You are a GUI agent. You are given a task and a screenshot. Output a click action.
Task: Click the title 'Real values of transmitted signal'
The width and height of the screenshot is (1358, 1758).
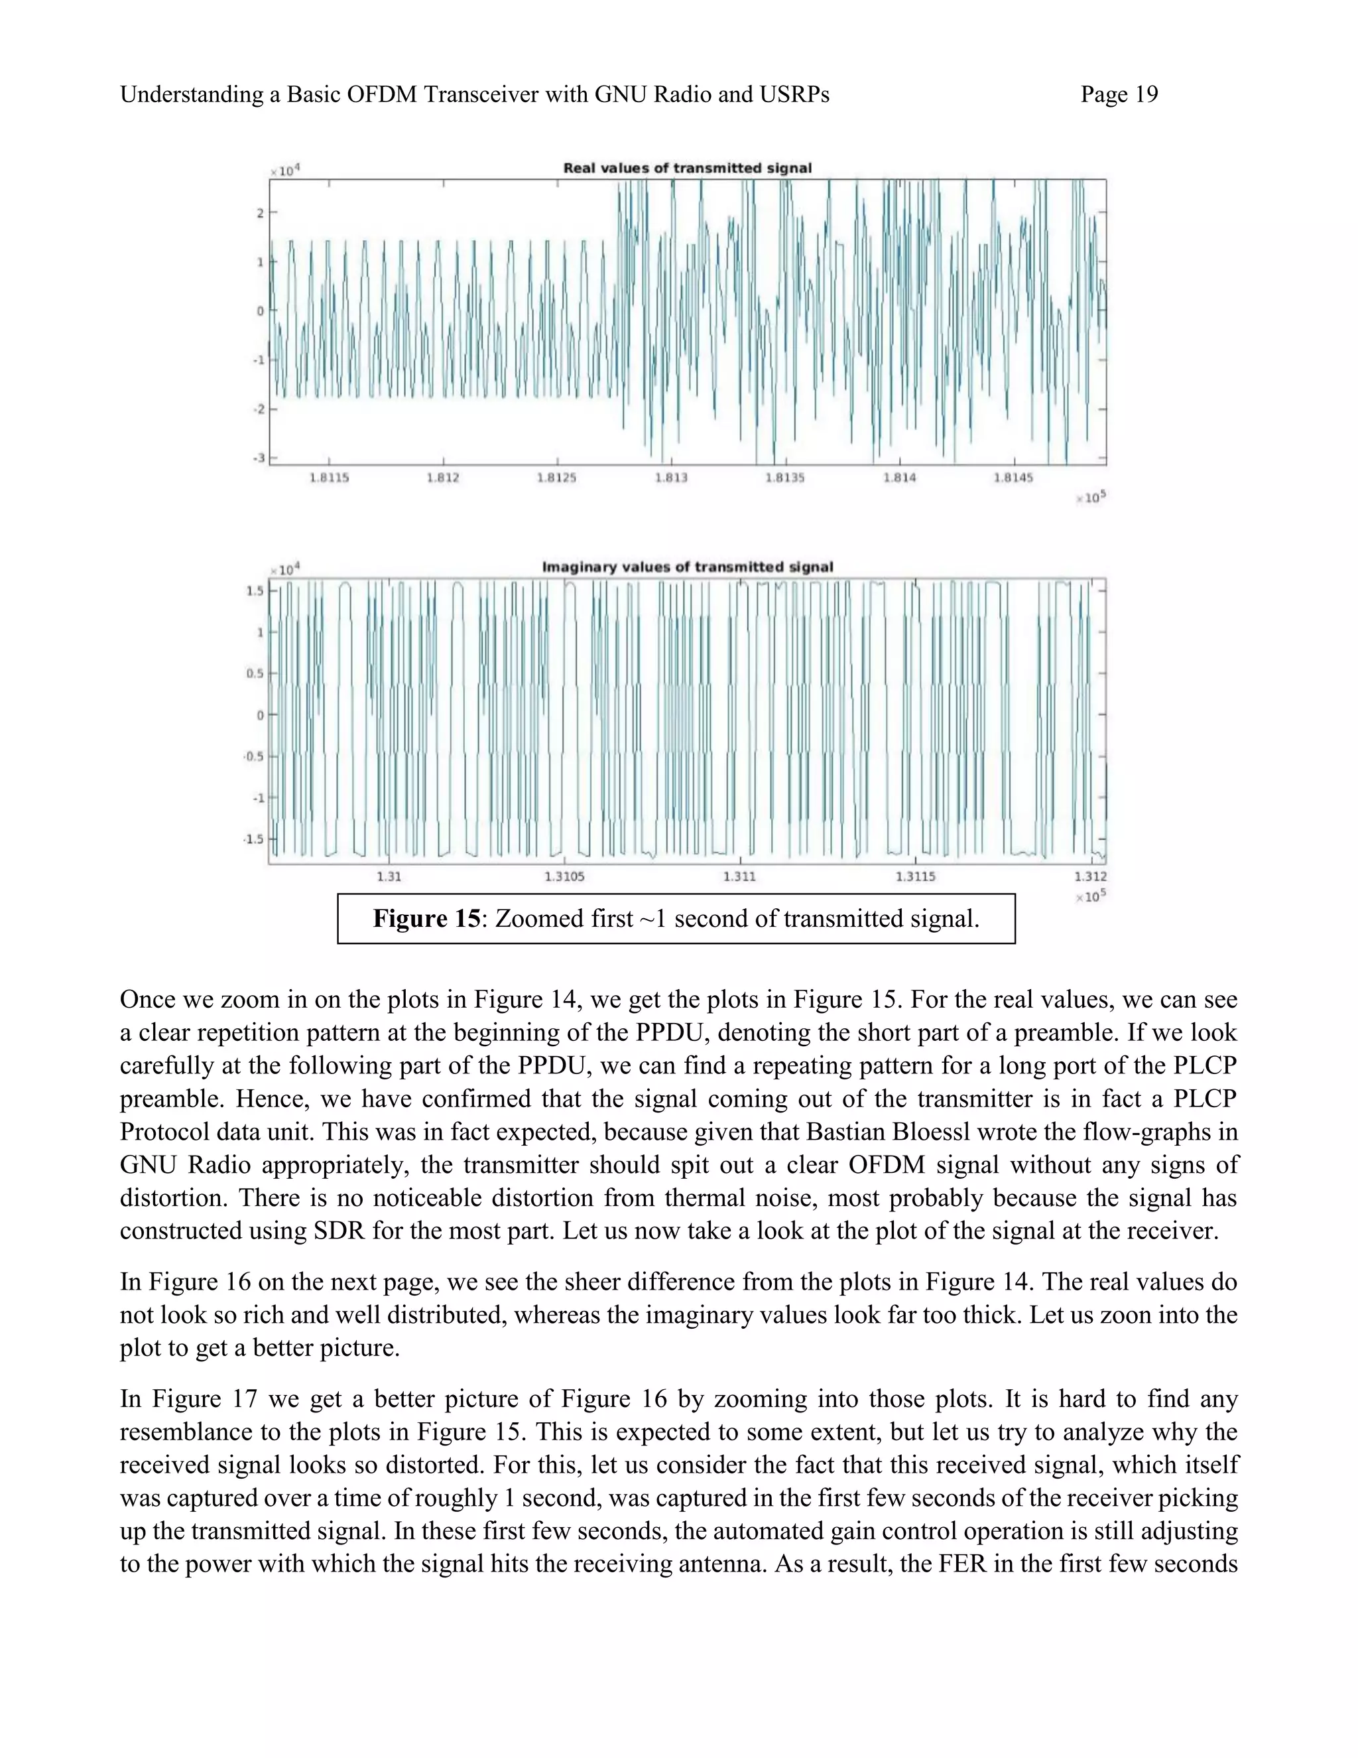[687, 169]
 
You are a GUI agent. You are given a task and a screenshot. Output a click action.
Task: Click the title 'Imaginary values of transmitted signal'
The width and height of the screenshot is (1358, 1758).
[687, 567]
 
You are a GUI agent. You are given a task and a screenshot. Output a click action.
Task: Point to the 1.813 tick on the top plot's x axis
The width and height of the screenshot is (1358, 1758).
[671, 478]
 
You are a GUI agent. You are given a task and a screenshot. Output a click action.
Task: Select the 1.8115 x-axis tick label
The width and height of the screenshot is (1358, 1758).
[329, 478]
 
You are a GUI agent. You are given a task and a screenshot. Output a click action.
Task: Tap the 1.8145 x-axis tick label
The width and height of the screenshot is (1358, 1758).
[1013, 478]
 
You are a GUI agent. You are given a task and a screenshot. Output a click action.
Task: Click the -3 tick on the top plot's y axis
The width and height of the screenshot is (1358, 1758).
[259, 458]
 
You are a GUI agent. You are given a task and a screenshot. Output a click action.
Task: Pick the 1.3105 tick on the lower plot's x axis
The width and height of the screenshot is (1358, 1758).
[564, 876]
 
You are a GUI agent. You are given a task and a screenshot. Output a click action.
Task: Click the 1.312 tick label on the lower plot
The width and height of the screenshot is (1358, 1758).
[1090, 876]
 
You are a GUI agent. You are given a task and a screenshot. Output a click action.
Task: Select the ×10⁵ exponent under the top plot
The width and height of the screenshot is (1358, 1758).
[1091, 498]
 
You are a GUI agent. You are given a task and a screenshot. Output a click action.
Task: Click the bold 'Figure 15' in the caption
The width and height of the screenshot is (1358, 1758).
[426, 918]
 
